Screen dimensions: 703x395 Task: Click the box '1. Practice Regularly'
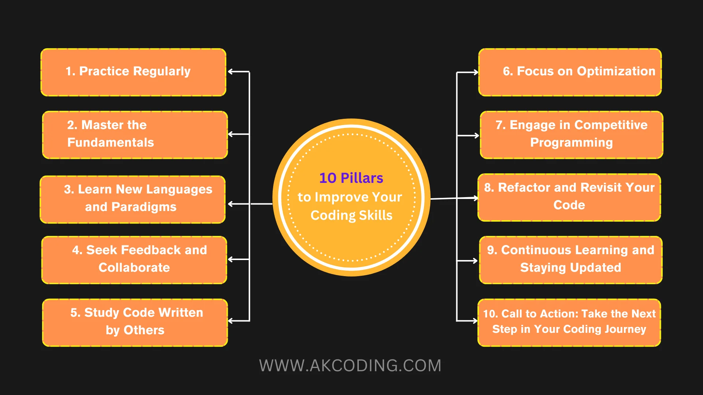133,72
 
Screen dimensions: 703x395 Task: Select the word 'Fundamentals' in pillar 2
111,142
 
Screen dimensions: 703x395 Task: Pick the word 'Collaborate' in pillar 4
134,267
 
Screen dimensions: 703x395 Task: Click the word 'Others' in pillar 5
144,330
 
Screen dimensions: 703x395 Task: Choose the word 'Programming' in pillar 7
571,142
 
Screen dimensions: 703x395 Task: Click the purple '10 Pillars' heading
351,178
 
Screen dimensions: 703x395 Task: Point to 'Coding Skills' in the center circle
351,215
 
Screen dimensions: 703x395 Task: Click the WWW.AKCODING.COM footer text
350,366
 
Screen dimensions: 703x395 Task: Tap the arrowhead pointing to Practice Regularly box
231,72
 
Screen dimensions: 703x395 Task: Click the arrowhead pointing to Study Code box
231,321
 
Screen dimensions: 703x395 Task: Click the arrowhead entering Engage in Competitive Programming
476,136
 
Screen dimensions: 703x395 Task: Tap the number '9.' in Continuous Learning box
492,250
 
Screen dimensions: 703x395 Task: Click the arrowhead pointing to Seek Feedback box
231,259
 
